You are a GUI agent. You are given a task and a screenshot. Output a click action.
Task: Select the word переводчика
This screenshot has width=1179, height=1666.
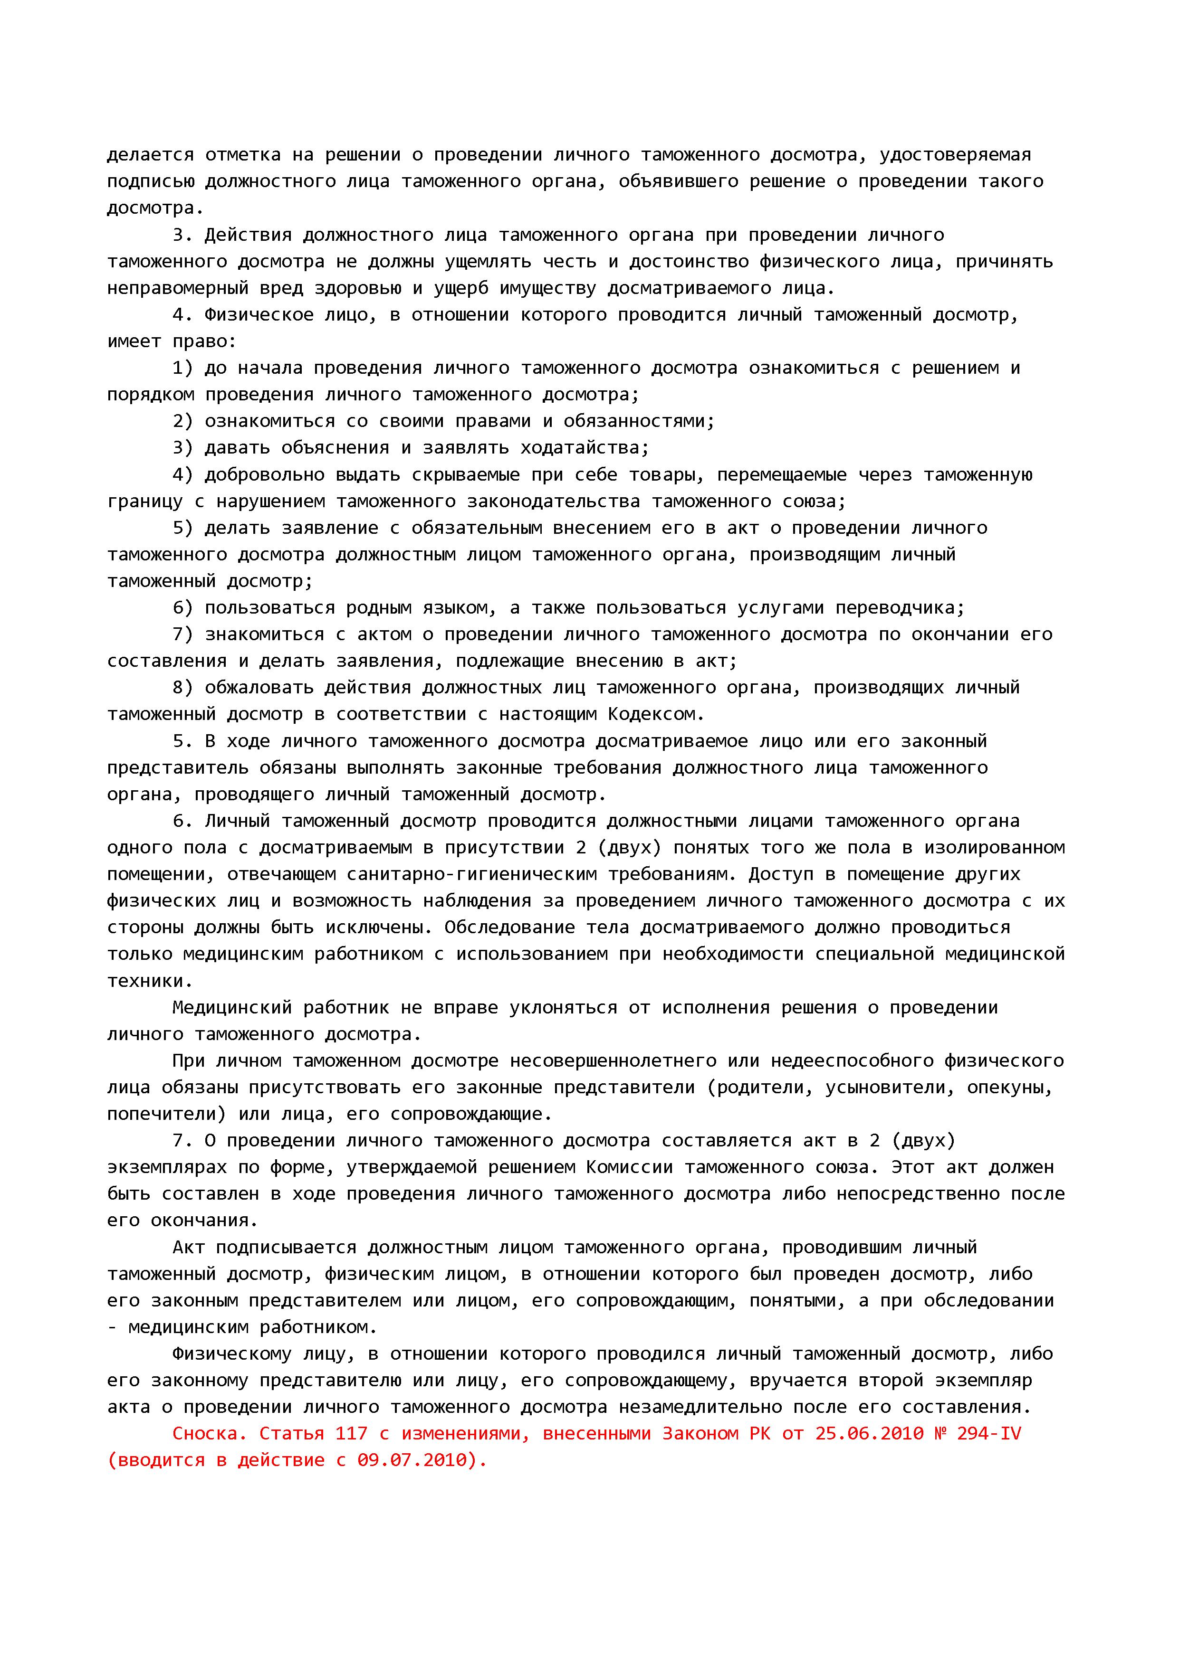tap(900, 607)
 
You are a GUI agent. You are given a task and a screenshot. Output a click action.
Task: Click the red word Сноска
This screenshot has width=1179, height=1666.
tap(210, 1434)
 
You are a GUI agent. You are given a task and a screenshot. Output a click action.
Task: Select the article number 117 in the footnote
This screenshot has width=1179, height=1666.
tap(351, 1434)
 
